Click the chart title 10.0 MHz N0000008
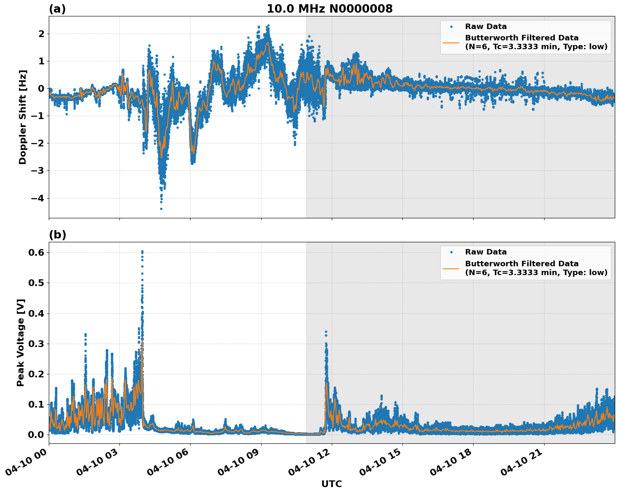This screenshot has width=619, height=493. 330,9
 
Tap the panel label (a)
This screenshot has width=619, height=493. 57,9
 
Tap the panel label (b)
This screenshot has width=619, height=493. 58,235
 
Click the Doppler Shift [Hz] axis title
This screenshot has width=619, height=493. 23,117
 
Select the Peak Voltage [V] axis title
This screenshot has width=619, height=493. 21,342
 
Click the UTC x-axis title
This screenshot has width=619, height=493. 331,484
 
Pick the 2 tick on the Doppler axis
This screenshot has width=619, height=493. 41,34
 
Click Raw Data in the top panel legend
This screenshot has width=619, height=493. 486,27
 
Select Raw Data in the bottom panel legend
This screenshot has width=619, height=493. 486,252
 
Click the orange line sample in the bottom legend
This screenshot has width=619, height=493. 451,268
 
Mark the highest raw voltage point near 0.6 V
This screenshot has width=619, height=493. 142,252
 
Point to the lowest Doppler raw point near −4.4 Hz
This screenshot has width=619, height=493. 161,209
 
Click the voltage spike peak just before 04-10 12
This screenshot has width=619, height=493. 326,332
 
